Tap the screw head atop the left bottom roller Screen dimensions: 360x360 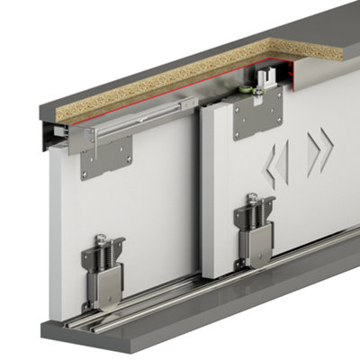(101, 240)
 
